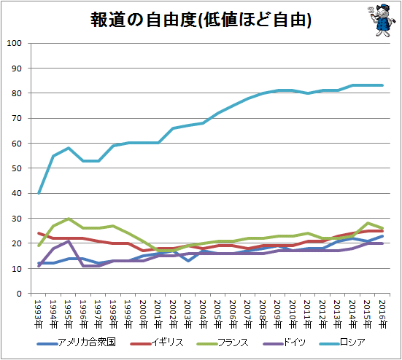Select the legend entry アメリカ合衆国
(77, 343)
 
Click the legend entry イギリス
(157, 343)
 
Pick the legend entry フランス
(223, 343)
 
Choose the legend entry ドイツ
(284, 343)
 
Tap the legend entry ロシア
(342, 343)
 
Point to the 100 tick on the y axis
(14, 43)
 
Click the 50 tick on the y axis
(16, 168)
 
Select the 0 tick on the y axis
(19, 294)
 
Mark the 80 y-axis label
(16, 93)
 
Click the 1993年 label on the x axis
(39, 314)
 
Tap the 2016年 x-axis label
(382, 314)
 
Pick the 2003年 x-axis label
(188, 314)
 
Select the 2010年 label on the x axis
(293, 314)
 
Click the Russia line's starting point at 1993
(39, 193)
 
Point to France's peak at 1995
(69, 219)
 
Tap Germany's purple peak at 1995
(69, 241)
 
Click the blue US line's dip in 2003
(188, 261)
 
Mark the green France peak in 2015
(368, 223)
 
